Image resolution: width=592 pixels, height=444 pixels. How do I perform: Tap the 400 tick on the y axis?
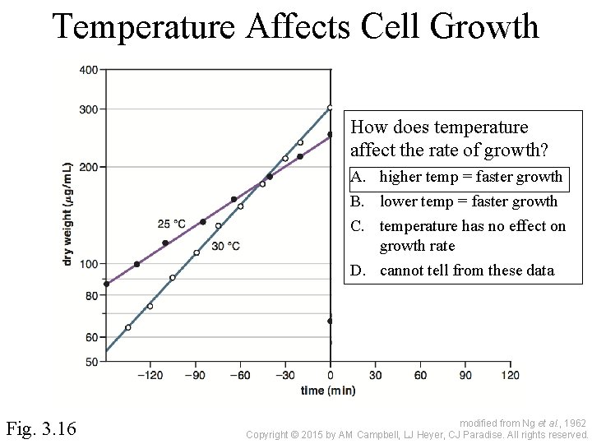click(89, 70)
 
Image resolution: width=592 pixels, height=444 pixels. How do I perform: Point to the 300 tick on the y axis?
click(89, 109)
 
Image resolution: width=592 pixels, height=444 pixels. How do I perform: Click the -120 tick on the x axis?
click(149, 376)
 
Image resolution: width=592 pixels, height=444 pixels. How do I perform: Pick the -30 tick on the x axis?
click(284, 376)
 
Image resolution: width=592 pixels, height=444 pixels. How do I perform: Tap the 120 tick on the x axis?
click(510, 376)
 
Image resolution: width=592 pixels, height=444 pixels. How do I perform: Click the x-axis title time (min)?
click(328, 391)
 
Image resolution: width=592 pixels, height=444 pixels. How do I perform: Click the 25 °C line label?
click(171, 224)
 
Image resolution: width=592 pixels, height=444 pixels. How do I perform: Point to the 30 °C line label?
click(225, 246)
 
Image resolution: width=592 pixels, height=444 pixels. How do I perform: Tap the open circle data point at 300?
click(330, 108)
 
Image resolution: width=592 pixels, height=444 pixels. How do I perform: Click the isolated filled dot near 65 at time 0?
click(330, 321)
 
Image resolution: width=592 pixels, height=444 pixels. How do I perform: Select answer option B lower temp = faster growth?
click(468, 201)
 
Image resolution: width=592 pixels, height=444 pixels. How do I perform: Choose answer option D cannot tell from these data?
click(466, 271)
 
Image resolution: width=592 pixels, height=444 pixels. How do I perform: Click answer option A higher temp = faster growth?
click(470, 177)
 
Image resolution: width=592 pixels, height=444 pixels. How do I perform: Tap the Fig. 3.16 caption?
click(41, 428)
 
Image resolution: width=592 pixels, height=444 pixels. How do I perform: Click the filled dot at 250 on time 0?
click(330, 134)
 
